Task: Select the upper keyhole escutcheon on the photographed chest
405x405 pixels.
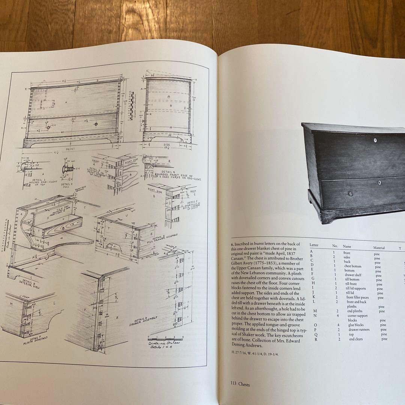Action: point(375,141)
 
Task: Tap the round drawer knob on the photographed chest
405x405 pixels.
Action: point(350,193)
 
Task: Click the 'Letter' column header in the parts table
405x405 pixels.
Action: point(314,245)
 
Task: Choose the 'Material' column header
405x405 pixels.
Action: point(379,247)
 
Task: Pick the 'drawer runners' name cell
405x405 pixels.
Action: point(358,330)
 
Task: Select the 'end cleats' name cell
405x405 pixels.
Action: point(357,339)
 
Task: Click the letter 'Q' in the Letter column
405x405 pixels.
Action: point(315,334)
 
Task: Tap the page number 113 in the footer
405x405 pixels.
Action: point(234,384)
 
